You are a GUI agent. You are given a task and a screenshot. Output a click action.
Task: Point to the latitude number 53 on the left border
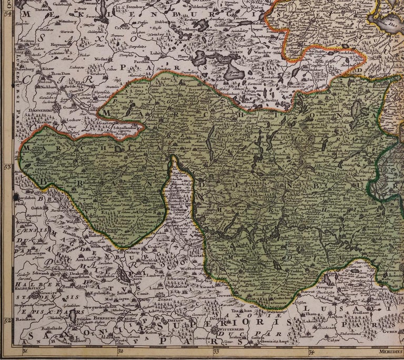[x=7, y=168]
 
